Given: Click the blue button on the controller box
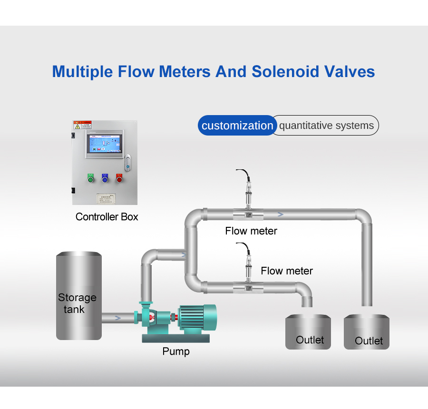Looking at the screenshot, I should point(105,179).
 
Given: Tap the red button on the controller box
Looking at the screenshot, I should point(119,179).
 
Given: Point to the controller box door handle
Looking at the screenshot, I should point(127,162).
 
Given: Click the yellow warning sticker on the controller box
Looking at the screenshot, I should point(82,126).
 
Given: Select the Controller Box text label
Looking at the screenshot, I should point(107,217).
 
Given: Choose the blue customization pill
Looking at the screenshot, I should point(237,126).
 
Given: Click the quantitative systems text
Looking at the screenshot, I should point(326,126).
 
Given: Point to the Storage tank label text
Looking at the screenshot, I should point(77,303).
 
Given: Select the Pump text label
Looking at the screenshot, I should point(176,351).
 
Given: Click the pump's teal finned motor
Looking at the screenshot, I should point(197,318).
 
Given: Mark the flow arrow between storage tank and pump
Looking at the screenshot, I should point(117,317).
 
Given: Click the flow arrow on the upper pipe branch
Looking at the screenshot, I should point(281,214).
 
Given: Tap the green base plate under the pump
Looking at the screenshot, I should point(176,338).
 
